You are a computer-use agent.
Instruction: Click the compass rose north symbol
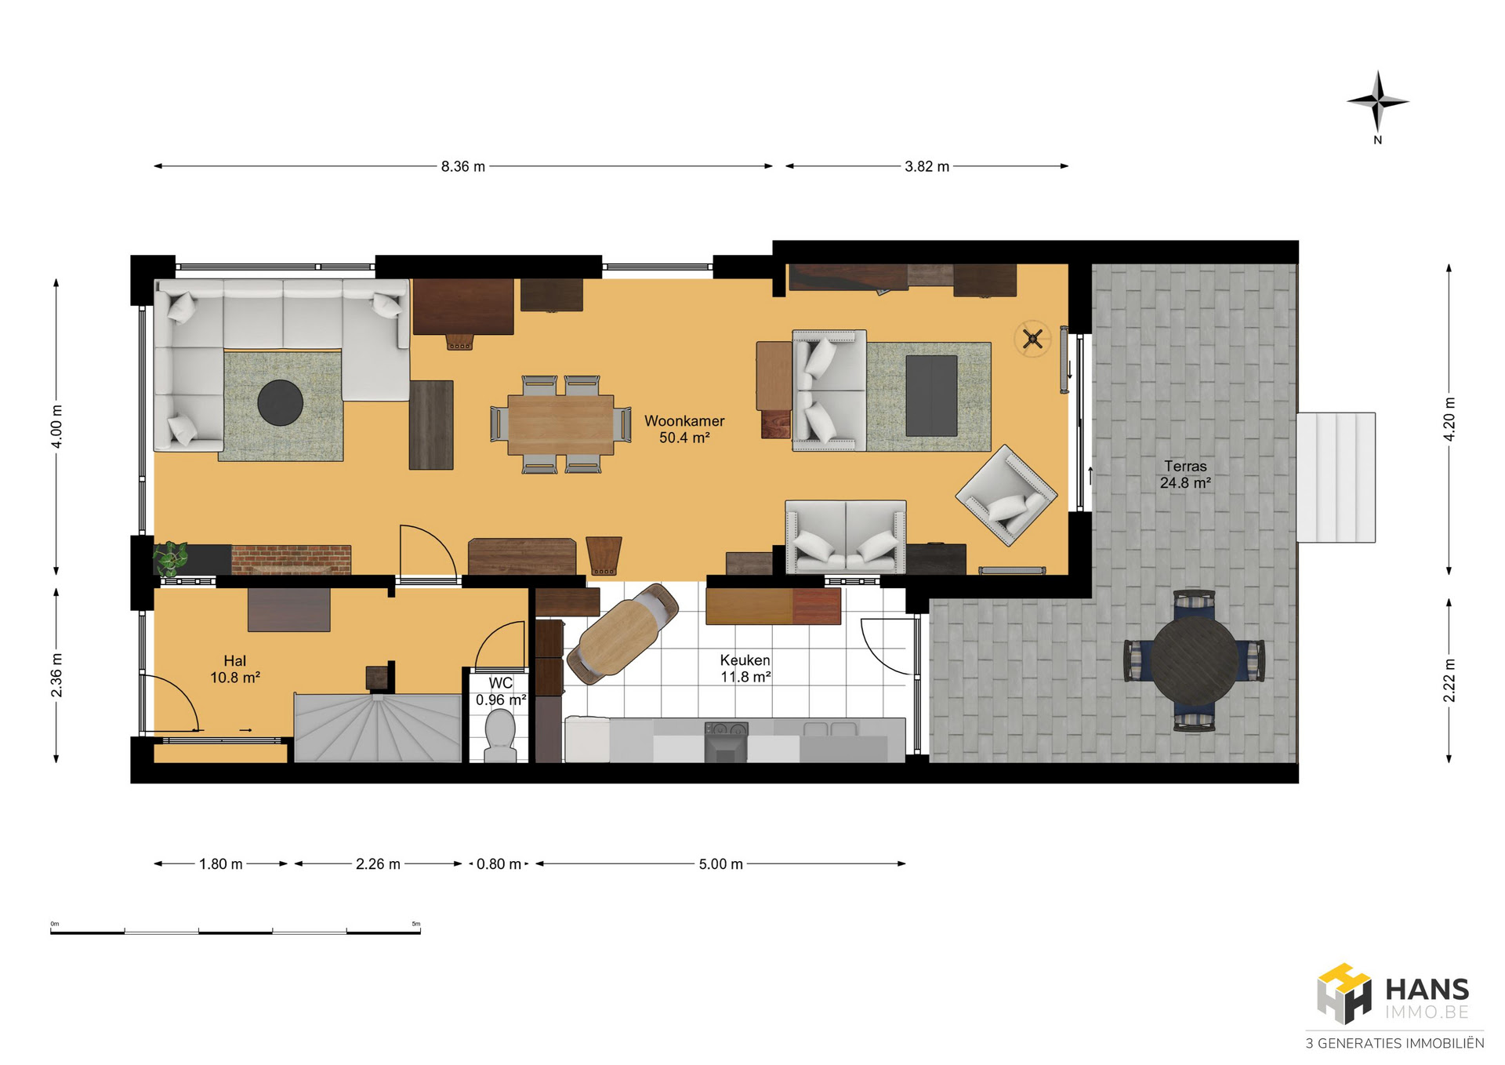coord(1378,103)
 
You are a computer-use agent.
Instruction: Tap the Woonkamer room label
coord(684,429)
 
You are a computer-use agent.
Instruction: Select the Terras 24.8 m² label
coord(1185,474)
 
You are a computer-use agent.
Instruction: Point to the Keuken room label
coord(745,668)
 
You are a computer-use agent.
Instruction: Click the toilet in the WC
coord(500,735)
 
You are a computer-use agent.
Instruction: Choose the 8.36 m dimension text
coord(463,166)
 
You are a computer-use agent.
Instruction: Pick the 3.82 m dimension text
coord(927,166)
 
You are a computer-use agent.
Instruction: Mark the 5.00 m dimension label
coord(721,864)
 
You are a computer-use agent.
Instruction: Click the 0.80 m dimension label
coord(499,864)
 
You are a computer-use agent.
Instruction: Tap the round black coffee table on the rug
coord(280,402)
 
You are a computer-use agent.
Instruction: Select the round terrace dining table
coord(1194,660)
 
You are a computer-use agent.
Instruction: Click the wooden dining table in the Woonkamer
coord(560,424)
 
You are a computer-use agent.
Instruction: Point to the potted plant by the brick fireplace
coord(171,558)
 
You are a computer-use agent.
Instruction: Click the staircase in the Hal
coord(378,727)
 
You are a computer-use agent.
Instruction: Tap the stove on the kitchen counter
coord(727,742)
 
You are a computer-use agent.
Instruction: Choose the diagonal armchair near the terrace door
coord(1006,496)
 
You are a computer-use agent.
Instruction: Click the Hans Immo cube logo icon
coord(1344,994)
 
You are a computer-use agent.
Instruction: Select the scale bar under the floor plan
coord(235,931)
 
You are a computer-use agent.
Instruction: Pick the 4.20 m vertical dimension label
coord(1449,419)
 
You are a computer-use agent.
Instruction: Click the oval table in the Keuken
coord(622,632)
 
